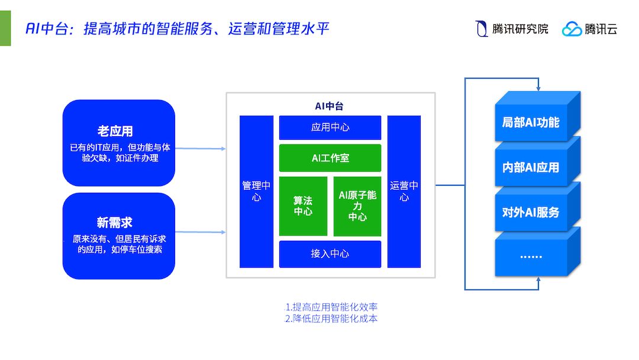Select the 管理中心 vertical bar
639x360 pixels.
(x=256, y=191)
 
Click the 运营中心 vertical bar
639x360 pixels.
(x=404, y=191)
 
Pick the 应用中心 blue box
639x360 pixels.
(x=330, y=127)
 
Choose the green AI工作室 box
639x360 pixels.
(x=330, y=158)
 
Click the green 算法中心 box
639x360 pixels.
(x=303, y=206)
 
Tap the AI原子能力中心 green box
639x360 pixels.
(x=357, y=206)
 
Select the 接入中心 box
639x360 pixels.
(x=330, y=254)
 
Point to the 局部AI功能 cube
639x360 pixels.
(x=530, y=123)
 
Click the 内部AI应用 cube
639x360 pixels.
(x=530, y=168)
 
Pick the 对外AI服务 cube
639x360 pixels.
(x=530, y=212)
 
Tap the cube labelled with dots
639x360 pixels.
(x=530, y=256)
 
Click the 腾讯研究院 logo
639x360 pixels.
(x=512, y=28)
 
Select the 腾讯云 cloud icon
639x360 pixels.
(x=572, y=29)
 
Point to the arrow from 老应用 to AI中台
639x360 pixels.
(x=201, y=149)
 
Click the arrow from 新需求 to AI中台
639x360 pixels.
(x=201, y=232)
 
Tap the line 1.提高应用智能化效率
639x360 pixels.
(x=331, y=307)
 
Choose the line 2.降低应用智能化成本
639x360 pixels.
(x=331, y=319)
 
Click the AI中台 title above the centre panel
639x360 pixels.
(x=329, y=107)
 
